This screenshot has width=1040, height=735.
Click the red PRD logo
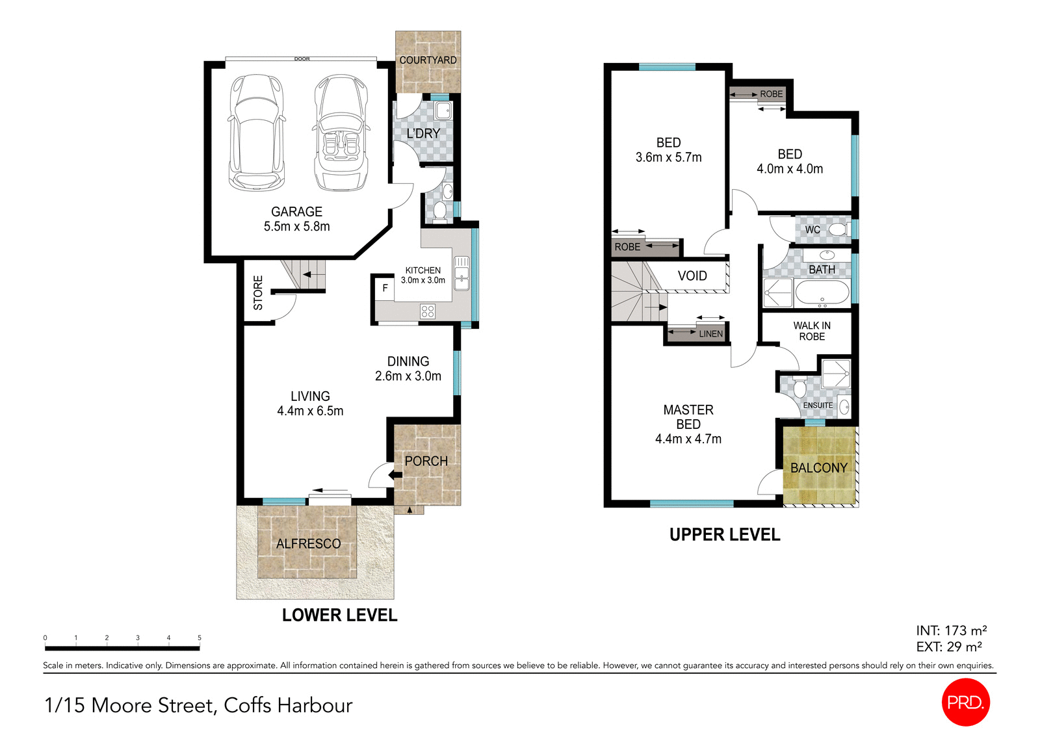pos(965,702)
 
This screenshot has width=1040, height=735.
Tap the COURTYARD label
pos(428,60)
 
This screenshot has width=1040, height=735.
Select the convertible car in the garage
pos(341,133)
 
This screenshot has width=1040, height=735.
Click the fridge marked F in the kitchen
pos(385,288)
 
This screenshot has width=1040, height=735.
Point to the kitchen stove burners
pos(427,311)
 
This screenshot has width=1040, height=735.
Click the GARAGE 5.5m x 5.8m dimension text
pos(296,219)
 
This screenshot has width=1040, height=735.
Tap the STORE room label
pos(258,292)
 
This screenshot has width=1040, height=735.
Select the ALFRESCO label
pos(308,544)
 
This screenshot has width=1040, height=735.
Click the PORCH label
pos(426,461)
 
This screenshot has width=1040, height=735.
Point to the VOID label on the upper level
pos(692,276)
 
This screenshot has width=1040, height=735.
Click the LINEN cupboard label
pos(710,333)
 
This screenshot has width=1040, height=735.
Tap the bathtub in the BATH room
pos(822,294)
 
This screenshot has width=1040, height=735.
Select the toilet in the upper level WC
pos(838,229)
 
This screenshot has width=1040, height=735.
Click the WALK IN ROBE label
pos(812,331)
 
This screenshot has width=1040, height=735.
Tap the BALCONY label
pos(818,468)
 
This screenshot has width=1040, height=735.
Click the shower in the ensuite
pos(835,374)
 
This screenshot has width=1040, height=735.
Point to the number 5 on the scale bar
pos(199,638)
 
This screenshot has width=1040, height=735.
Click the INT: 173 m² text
pos(951,630)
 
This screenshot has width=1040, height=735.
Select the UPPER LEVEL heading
pos(725,535)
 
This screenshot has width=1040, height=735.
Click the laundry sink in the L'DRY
pos(443,110)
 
